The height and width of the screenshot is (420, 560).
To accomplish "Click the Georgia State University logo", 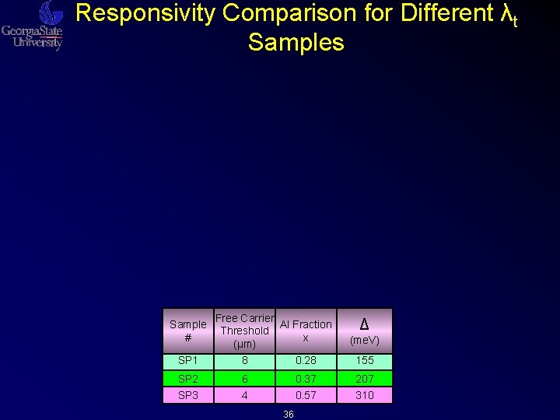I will coord(33,26).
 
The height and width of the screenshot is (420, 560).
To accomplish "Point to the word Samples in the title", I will coord(296,42).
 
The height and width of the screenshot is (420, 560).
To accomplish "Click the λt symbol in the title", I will coord(506,15).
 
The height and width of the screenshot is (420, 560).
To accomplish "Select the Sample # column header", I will coord(187,331).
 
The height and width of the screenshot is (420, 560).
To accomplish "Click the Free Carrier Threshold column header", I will coord(244,331).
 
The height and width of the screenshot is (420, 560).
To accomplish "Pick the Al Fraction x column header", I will coord(306,331).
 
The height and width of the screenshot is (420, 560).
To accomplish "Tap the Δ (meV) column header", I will coord(364,331).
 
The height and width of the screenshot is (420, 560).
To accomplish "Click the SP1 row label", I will coord(188,360).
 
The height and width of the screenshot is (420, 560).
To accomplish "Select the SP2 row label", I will coord(188,379).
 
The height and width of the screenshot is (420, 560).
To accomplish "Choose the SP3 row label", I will coord(188,395).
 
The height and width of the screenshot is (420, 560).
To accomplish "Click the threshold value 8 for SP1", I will coord(244,360).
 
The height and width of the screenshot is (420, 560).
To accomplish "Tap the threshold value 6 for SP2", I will coord(244,379).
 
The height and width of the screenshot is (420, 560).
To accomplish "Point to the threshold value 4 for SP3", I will coord(244,395).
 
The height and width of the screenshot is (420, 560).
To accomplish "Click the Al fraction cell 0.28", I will coord(306,360).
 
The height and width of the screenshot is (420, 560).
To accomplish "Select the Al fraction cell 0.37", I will coord(306,379).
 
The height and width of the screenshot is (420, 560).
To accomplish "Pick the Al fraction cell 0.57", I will coord(306,395).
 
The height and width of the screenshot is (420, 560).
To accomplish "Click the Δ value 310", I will coord(364,395).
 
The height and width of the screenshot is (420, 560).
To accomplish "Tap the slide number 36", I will coord(288,415).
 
